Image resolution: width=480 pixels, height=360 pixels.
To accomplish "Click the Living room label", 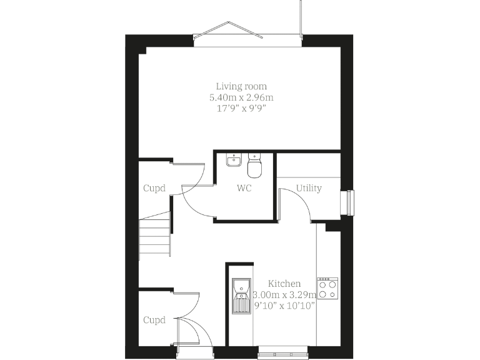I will [x=241, y=86].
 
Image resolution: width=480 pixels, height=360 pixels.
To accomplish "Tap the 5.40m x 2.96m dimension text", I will [x=241, y=97].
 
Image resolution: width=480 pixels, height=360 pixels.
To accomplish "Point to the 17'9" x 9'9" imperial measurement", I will [x=241, y=109].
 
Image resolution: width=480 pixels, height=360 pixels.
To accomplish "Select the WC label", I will [x=244, y=188].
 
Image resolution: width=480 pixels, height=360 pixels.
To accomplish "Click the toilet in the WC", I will [x=255, y=166].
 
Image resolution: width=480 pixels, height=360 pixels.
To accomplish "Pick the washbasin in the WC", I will [x=234, y=160].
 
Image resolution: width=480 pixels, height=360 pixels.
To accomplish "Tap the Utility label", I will [x=309, y=188].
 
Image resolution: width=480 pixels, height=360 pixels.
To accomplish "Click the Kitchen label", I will [x=284, y=284].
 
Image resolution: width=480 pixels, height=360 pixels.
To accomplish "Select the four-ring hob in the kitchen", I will [x=327, y=288].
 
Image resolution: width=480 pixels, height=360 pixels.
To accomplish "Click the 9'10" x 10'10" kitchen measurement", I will [x=285, y=306].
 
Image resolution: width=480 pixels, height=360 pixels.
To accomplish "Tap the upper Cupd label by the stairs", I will [x=154, y=188].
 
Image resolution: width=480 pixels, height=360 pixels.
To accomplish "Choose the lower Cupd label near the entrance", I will [x=154, y=320].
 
